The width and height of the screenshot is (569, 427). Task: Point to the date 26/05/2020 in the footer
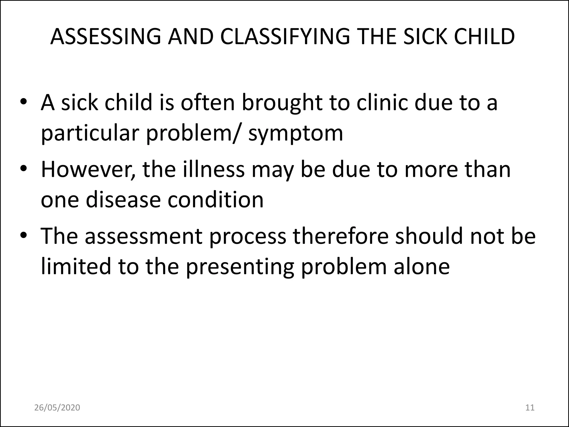click(x=57, y=408)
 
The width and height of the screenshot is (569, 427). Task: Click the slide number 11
click(x=530, y=408)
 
